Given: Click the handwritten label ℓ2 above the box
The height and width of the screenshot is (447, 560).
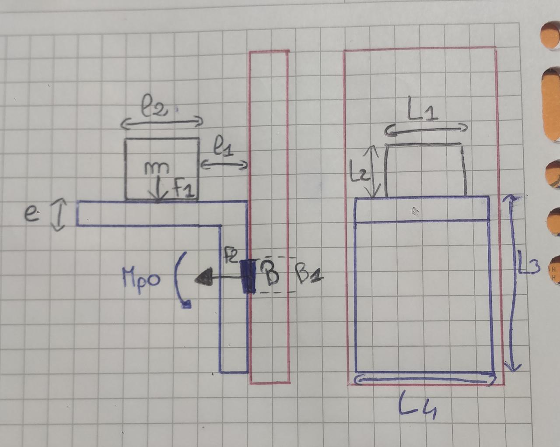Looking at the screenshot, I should [x=154, y=108].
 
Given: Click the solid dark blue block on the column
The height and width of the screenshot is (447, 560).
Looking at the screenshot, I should [x=248, y=276].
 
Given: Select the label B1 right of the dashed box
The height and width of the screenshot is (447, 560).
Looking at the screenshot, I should [x=309, y=275].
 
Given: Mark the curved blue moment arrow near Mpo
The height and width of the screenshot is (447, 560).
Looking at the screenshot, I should [x=181, y=280].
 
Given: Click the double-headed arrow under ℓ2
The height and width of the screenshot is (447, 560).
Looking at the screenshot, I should [x=162, y=123].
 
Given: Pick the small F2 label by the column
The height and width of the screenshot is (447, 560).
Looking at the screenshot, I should [x=231, y=256].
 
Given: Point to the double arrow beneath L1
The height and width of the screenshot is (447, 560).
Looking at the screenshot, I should [x=427, y=129].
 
